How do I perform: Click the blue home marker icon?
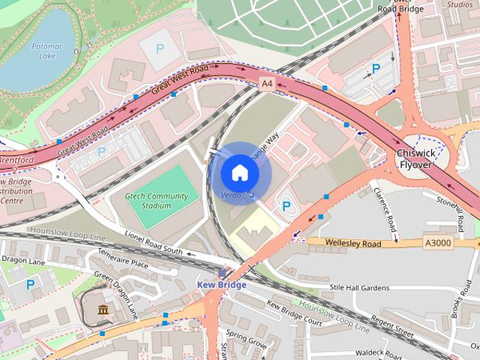239,173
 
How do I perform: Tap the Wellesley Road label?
353,242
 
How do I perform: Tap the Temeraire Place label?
123,262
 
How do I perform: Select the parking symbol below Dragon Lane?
30,284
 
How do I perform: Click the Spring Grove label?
247,339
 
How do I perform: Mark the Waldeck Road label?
379,352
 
